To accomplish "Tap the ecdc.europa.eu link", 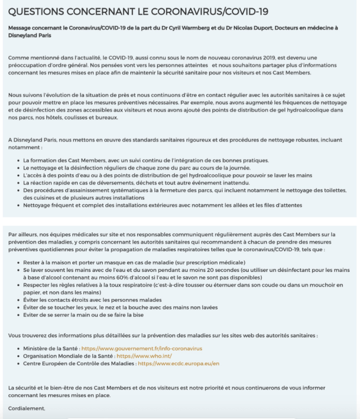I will (179, 363).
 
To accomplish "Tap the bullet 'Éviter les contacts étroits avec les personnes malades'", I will (98, 300).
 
